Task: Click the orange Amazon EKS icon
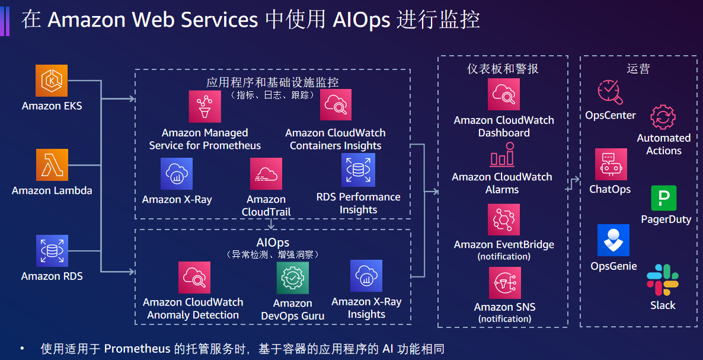[52, 81]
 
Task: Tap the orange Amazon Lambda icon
[52, 165]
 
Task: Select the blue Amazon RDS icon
[52, 250]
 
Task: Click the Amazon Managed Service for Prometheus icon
[204, 107]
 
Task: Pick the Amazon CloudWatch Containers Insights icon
[335, 105]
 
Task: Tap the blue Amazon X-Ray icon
[176, 173]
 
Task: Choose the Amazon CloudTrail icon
[266, 173]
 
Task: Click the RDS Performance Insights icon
[358, 170]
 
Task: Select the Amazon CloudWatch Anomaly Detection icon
[194, 278]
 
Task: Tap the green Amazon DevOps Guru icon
[293, 278]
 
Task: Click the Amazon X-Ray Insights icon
[366, 276]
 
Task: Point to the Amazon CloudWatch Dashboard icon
[503, 94]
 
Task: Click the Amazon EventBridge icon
[503, 220]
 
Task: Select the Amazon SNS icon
[504, 283]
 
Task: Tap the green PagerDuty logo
[664, 198]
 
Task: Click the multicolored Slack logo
[663, 280]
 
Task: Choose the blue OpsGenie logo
[613, 240]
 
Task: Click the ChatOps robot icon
[611, 164]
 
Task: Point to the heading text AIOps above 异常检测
[273, 243]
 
